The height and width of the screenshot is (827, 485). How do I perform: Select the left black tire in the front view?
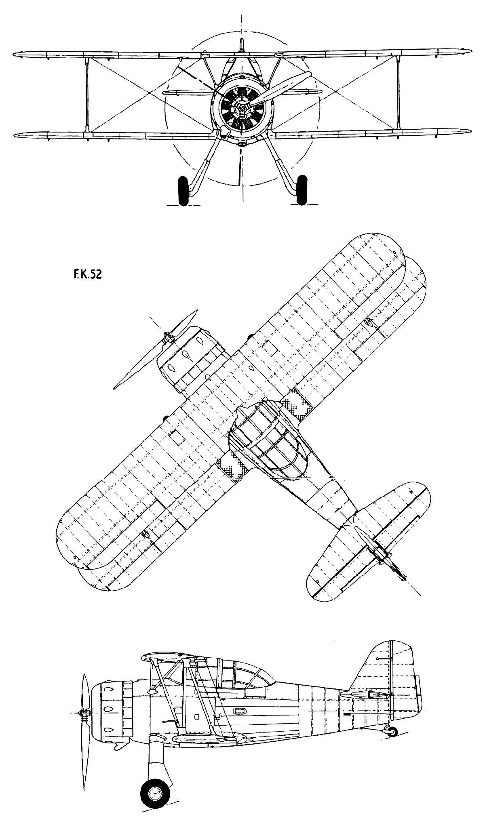(x=183, y=191)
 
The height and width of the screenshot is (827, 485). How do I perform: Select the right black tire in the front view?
(x=302, y=190)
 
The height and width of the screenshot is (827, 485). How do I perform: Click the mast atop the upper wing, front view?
(x=242, y=44)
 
